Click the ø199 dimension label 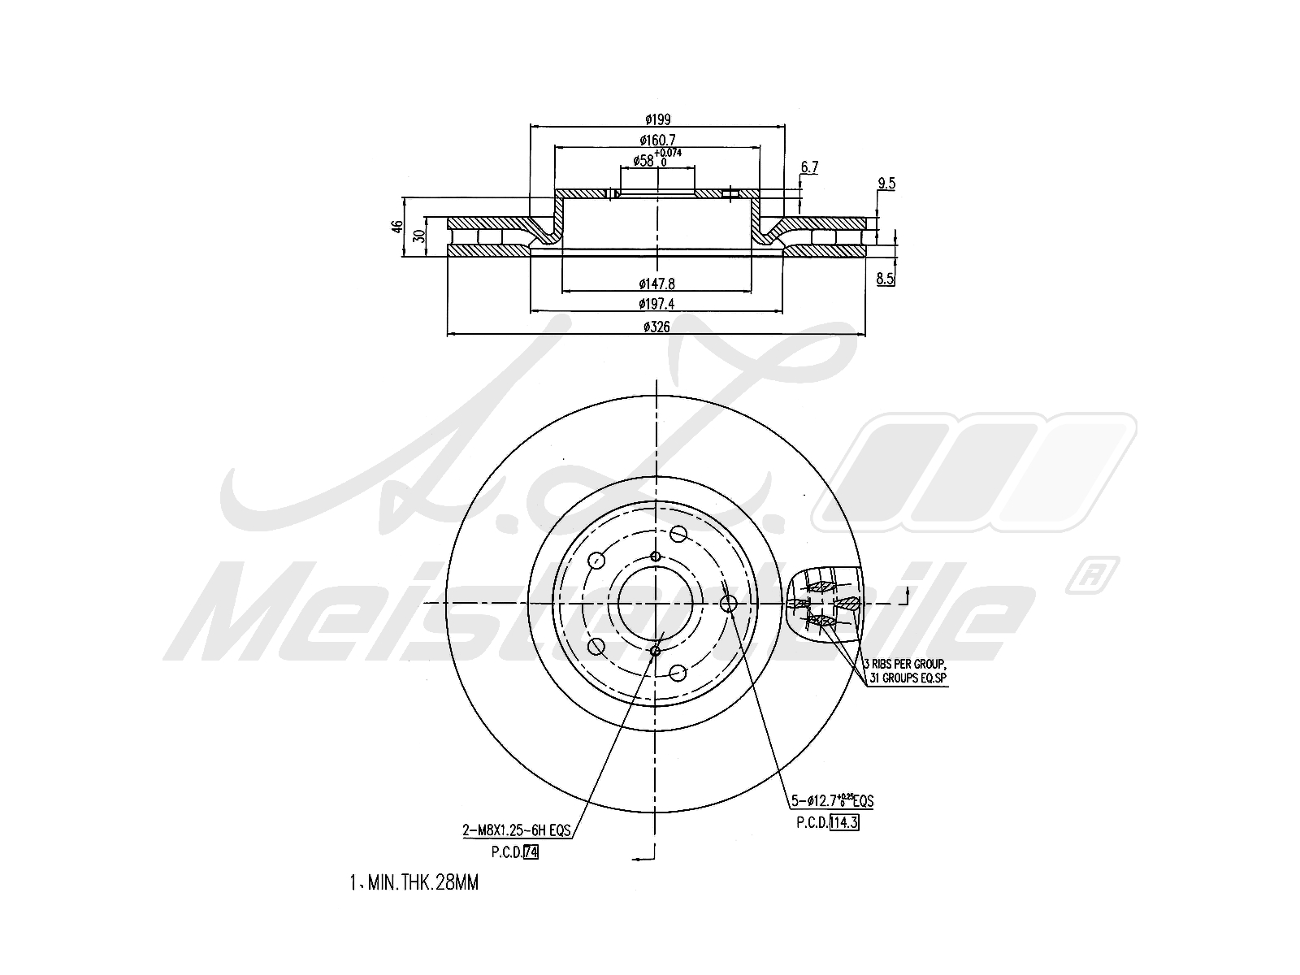658,119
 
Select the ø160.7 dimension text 658,140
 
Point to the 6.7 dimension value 809,167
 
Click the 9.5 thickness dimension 886,184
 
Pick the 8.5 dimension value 886,279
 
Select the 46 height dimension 396,227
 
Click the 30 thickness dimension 418,236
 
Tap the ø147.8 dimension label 657,284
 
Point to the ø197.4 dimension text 657,304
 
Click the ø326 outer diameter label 657,327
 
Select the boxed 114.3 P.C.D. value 844,821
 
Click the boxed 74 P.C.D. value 531,852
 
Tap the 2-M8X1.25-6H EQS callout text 516,830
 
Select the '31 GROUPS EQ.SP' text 908,678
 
